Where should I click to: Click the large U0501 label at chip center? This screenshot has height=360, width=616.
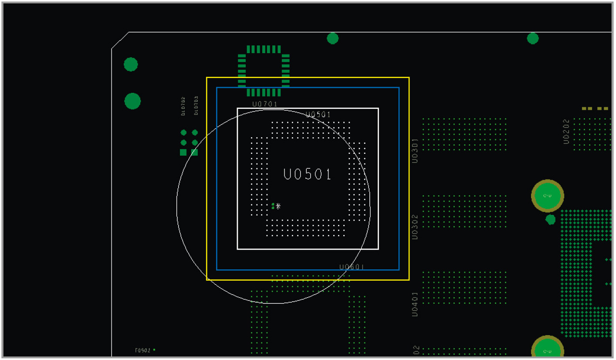308,174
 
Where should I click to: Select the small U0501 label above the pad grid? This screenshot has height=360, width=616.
318,115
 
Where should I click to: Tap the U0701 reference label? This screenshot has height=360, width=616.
265,104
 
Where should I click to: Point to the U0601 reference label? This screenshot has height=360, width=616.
352,267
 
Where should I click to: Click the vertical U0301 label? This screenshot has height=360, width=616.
415,151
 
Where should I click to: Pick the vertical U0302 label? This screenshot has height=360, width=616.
415,227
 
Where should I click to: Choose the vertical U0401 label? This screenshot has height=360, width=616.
415,304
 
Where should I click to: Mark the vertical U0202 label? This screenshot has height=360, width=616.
566,131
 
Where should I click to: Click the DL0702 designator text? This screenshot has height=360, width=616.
183,106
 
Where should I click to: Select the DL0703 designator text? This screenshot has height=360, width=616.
196,105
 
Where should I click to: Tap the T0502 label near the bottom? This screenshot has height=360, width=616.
142,350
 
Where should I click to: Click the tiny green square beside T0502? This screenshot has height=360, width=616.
154,350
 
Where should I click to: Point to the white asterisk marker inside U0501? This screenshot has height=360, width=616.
278,206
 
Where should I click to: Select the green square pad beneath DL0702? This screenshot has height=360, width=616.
183,153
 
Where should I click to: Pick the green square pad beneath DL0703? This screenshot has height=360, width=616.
195,153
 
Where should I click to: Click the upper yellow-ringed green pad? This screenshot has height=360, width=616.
547,196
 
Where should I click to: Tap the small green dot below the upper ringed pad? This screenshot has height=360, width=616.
551,219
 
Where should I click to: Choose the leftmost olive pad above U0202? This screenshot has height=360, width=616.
585,109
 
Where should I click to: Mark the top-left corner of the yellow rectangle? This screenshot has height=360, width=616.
207,78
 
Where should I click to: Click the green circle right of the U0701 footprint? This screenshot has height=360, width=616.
333,38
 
